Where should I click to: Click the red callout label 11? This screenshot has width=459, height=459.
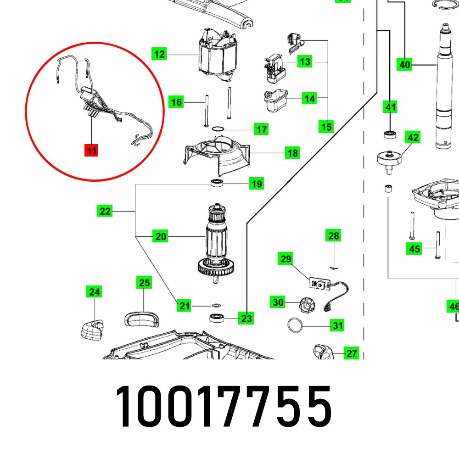(91, 150)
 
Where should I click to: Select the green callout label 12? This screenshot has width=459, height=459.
(159, 55)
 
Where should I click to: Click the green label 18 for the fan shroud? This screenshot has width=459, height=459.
(292, 153)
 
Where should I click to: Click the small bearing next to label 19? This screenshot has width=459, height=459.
(217, 184)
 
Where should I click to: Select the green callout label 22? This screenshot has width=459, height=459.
(105, 211)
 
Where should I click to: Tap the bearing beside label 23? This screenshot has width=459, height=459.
(216, 317)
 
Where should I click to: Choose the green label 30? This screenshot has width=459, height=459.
(278, 302)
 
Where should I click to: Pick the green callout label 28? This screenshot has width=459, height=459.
(333, 236)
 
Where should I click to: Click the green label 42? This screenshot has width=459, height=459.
(413, 137)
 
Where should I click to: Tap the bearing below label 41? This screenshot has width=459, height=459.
(390, 134)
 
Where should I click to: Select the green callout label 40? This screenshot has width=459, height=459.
(404, 65)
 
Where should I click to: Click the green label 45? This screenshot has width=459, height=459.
(414, 249)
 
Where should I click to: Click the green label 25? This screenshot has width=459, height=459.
(144, 283)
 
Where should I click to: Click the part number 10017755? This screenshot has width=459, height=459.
(223, 405)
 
